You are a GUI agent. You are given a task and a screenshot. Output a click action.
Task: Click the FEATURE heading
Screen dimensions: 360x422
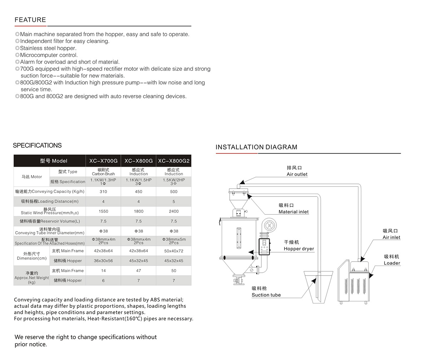30,20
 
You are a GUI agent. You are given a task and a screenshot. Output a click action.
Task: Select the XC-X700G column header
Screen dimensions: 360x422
103,161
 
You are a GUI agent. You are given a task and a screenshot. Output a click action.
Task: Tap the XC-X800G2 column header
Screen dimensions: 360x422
174,161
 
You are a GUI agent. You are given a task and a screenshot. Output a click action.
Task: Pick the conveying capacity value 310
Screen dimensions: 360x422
103,191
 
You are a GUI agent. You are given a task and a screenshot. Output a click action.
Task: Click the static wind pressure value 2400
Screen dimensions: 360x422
174,211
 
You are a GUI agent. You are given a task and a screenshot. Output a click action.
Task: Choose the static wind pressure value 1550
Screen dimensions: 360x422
103,211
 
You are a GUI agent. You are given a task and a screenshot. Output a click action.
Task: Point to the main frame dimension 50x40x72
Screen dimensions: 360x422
174,251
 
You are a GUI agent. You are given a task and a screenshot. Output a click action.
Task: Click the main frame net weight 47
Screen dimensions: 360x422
139,271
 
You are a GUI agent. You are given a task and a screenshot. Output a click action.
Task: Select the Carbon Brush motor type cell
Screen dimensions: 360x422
103,172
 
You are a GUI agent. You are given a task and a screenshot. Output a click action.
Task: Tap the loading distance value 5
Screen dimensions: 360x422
174,201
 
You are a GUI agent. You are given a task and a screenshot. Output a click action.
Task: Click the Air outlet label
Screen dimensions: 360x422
297,174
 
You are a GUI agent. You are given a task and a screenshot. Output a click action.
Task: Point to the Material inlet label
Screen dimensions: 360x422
294,212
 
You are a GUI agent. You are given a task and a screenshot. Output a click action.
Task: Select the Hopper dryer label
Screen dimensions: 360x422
299,249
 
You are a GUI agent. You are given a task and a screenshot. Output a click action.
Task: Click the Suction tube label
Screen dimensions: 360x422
266,295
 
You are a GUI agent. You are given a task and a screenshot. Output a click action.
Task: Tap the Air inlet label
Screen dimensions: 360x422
392,237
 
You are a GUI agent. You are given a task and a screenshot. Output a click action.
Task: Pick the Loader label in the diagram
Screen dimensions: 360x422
392,263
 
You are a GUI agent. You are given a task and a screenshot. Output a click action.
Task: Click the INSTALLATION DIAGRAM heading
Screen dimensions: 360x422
256,147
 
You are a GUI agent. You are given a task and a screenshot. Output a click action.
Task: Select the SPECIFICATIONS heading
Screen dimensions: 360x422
37,145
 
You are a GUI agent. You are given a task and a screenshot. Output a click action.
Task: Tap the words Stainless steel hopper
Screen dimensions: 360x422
48,48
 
